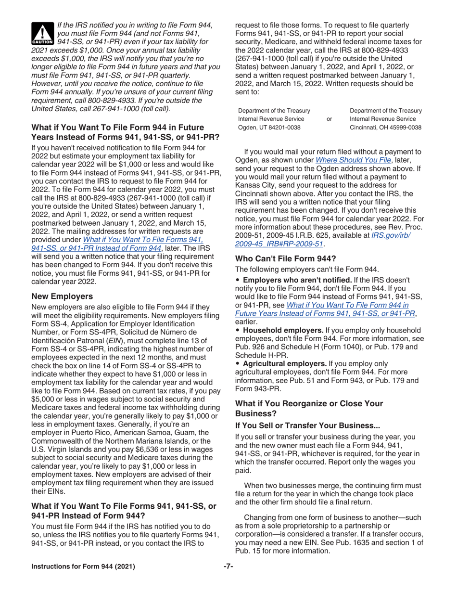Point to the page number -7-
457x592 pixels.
pos(228,566)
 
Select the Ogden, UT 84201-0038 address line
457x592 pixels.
pos(269,127)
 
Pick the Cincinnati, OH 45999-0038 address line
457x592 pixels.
pos(385,127)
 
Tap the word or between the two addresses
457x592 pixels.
pos(329,119)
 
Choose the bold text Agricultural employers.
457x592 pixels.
pos(284,364)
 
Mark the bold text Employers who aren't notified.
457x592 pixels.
pos(292,280)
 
